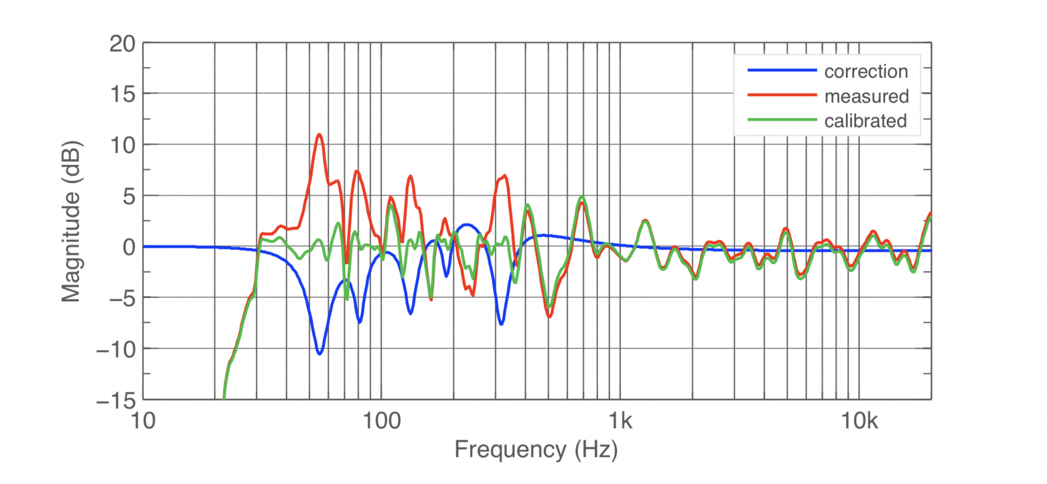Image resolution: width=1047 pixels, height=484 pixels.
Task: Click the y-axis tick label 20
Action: (x=122, y=44)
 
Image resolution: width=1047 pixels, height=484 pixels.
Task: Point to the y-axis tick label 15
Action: (x=122, y=94)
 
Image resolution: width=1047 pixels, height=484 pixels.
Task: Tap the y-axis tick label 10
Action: (x=122, y=145)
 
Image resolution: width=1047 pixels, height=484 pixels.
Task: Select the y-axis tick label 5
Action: (x=129, y=196)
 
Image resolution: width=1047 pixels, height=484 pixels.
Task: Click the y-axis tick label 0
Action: (x=129, y=247)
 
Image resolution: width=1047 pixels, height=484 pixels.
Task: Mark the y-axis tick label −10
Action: (x=116, y=349)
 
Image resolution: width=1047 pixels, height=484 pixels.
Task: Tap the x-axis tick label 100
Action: (x=382, y=421)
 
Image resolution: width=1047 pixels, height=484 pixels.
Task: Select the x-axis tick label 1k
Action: (x=621, y=421)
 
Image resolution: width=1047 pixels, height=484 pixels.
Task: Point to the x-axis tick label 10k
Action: (x=859, y=421)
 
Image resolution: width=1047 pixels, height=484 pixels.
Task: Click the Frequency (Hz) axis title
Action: (x=536, y=450)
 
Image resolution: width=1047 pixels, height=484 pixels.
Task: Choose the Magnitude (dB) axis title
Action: (x=71, y=221)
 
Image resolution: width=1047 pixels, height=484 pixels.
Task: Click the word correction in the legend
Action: (x=866, y=71)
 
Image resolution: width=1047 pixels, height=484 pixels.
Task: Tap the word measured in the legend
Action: (x=867, y=96)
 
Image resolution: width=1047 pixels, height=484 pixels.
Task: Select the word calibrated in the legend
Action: (x=865, y=121)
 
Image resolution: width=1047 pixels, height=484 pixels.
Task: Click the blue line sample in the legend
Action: (x=781, y=70)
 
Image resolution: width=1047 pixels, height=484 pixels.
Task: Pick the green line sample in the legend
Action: (x=781, y=119)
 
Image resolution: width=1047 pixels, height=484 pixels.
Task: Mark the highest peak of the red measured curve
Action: (x=319, y=134)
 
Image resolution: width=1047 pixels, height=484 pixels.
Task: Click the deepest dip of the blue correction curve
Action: (x=320, y=354)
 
